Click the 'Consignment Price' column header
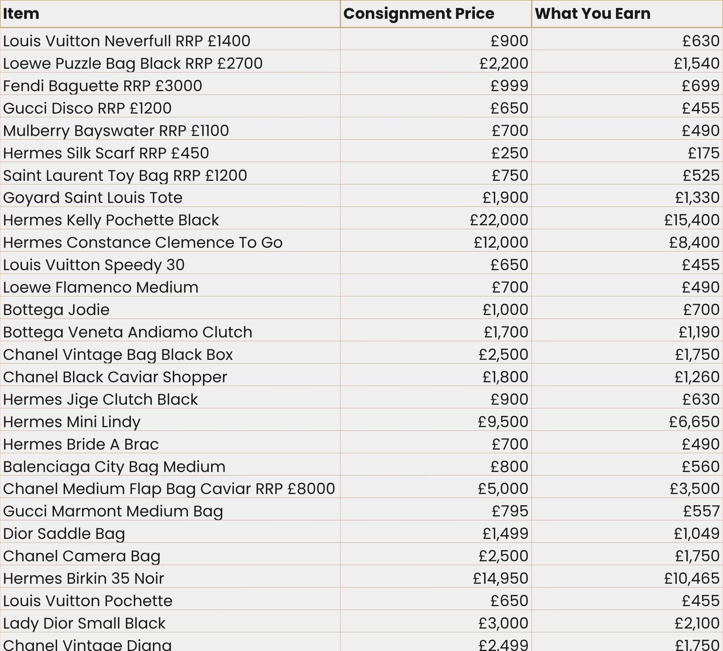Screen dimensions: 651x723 pyautogui.click(x=419, y=14)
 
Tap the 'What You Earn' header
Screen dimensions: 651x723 pyautogui.click(x=592, y=14)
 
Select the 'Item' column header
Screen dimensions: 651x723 pyautogui.click(x=21, y=14)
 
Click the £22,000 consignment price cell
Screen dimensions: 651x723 pyautogui.click(x=499, y=220)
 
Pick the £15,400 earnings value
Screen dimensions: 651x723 pyautogui.click(x=692, y=220)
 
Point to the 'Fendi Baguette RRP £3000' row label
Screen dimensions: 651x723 pyautogui.click(x=102, y=86)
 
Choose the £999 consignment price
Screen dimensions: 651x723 pyautogui.click(x=509, y=86)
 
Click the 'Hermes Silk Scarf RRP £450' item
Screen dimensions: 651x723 pyautogui.click(x=106, y=153)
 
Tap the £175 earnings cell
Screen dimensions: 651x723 pyautogui.click(x=703, y=153)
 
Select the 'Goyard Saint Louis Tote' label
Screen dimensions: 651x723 pyautogui.click(x=93, y=198)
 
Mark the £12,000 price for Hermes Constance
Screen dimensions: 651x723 pyautogui.click(x=501, y=242)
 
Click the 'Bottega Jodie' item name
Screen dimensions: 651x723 pyautogui.click(x=56, y=310)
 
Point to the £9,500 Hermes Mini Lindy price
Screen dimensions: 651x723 pyautogui.click(x=503, y=422)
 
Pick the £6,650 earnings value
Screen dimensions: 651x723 pyautogui.click(x=694, y=422)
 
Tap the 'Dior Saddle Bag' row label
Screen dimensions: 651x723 pyautogui.click(x=64, y=533)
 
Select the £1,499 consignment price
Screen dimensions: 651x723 pyautogui.click(x=505, y=533)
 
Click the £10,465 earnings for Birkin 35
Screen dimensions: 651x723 pyautogui.click(x=692, y=578)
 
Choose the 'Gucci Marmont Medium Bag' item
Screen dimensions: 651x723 pyautogui.click(x=113, y=511)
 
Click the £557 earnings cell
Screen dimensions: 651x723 pyautogui.click(x=701, y=511)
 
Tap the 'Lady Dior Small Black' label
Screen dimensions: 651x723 pyautogui.click(x=84, y=623)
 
